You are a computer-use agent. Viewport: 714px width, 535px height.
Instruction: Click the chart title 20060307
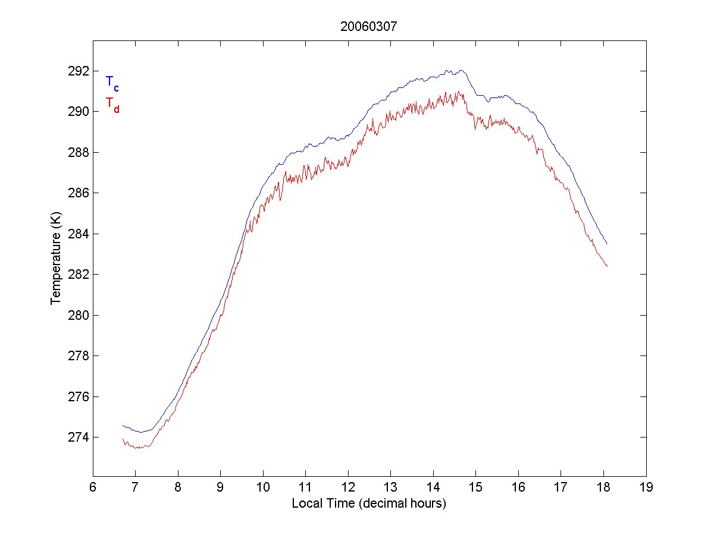coord(368,26)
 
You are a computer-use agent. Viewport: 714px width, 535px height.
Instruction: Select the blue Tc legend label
coord(112,83)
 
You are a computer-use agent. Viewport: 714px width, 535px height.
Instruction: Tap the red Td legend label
coord(112,104)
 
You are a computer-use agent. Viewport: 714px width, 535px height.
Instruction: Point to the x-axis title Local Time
coord(369,503)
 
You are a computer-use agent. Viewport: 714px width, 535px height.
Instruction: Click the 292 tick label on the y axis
coord(78,71)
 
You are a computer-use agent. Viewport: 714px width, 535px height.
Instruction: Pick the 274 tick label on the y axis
coord(78,438)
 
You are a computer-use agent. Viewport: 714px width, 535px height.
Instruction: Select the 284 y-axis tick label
coord(78,234)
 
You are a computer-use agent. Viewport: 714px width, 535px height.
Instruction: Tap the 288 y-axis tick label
coord(78,153)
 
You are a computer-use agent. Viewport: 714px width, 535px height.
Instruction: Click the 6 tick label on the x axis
coord(93,487)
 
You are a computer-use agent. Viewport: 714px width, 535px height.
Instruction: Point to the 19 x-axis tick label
coord(646,487)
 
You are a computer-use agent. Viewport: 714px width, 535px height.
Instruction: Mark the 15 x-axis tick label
coord(476,487)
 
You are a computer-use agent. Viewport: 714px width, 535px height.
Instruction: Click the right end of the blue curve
coord(607,244)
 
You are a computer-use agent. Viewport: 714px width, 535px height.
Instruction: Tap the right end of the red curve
coord(607,266)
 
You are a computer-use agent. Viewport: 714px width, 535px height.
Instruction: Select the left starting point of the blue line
coord(123,426)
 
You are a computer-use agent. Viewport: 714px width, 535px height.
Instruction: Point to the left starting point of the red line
coord(123,439)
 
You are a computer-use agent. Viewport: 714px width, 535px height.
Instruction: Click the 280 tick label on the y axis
coord(78,316)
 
